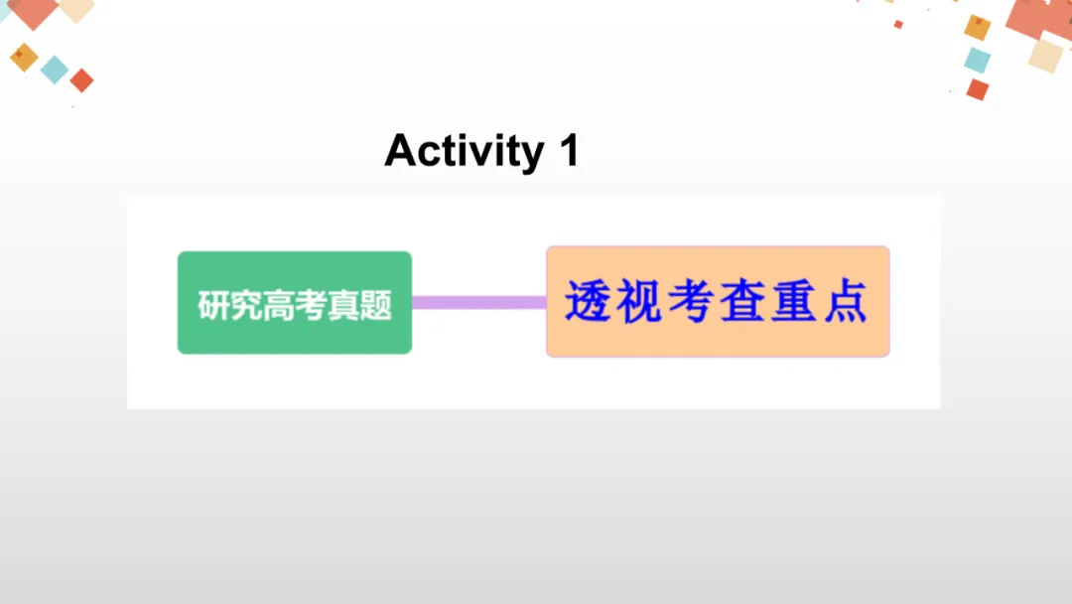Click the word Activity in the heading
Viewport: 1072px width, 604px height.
[464, 152]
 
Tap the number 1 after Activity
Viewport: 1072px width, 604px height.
[568, 151]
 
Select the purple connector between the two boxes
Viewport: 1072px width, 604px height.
[478, 302]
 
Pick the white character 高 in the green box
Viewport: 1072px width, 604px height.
[279, 305]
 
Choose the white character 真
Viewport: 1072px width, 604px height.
[343, 305]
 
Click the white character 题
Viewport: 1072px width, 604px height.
[375, 305]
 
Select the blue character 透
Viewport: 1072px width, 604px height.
[588, 302]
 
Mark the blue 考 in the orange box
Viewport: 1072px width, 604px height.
[691, 302]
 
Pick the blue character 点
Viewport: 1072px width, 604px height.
[846, 302]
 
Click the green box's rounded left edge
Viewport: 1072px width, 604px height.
[180, 302]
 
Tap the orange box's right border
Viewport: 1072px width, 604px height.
[888, 302]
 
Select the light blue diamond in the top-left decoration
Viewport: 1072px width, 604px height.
[55, 70]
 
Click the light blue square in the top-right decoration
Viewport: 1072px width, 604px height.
[977, 60]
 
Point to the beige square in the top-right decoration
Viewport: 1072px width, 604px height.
[1045, 54]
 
